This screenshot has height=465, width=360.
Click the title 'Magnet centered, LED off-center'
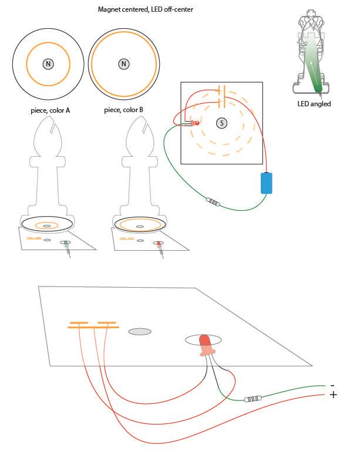pos(145,9)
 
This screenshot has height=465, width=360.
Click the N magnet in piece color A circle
pos(48,64)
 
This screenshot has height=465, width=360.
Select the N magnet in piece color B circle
pos(124,64)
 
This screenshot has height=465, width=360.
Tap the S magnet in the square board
pos(221,123)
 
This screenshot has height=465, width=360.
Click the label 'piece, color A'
pos(50,110)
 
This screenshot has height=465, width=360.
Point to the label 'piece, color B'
pos(123,110)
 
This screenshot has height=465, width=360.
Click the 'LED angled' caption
pos(314,104)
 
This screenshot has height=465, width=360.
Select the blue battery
pos(266,183)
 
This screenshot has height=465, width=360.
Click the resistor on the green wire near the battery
pos(213,202)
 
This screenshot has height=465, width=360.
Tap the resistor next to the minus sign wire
pos(253,399)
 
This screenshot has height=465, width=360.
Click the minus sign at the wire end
pos(332,386)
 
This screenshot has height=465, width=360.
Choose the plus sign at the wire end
pos(334,395)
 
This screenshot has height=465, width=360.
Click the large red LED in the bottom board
pos(205,345)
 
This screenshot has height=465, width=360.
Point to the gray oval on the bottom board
pos(140,332)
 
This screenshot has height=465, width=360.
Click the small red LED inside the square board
pos(195,123)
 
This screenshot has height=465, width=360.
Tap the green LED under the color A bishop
pos(66,244)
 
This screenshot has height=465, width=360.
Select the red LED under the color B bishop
pos(159,244)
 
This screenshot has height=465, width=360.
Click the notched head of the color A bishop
pos(48,136)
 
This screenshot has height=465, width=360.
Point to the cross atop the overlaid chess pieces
pos(311,13)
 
